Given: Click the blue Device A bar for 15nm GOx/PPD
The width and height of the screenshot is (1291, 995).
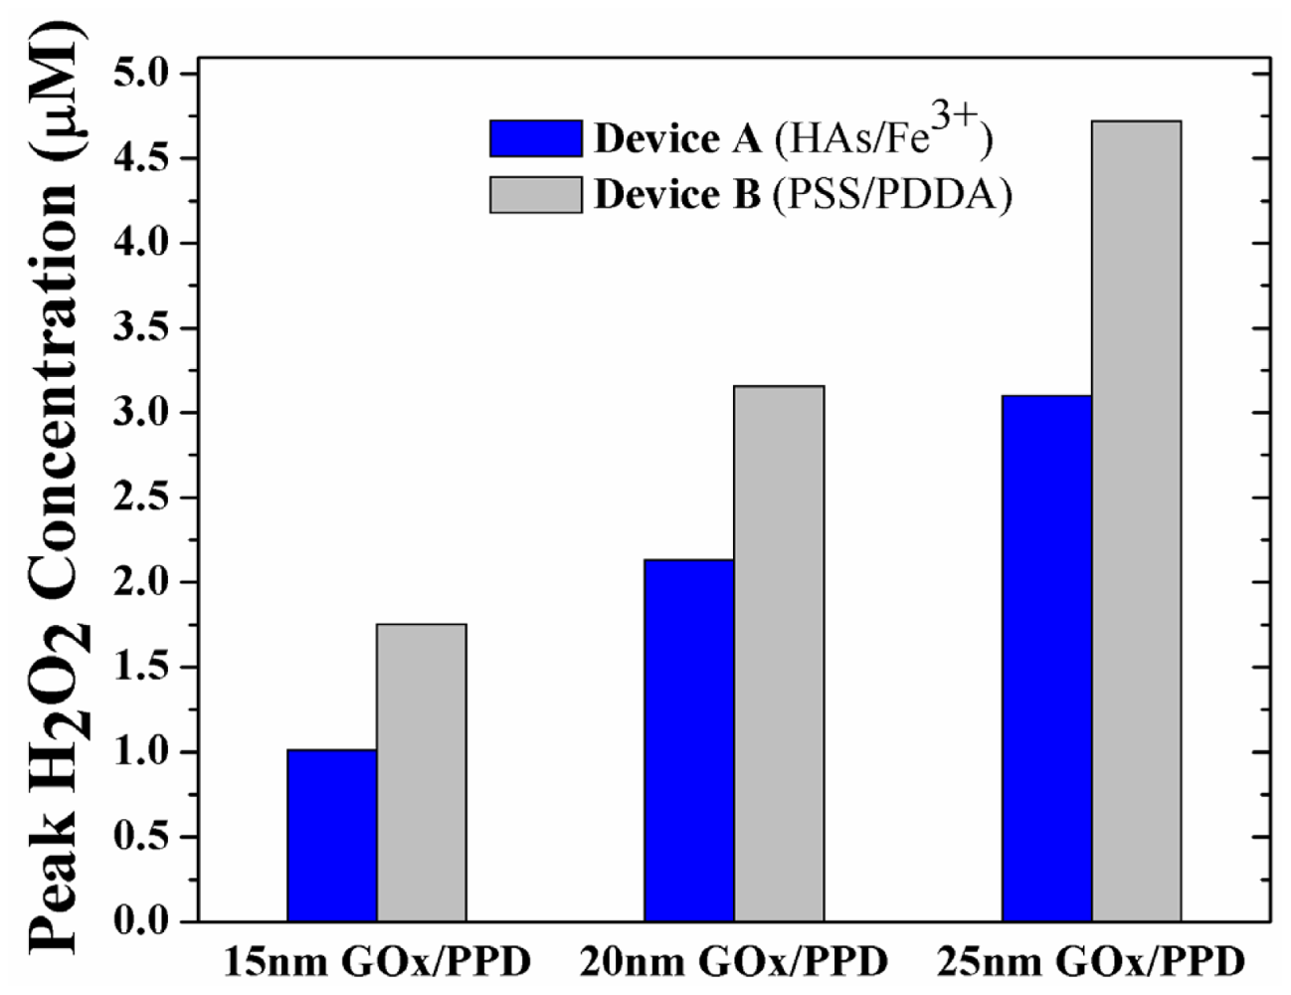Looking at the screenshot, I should coord(331,835).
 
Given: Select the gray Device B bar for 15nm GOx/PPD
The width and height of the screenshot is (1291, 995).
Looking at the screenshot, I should coord(421,772).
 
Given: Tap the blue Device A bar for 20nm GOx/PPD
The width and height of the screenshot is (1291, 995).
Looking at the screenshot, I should coord(688,740).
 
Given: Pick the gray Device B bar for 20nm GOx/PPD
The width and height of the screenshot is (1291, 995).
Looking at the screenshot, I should coord(779,653).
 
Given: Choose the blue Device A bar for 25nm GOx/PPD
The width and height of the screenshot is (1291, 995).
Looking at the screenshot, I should coord(1046,658).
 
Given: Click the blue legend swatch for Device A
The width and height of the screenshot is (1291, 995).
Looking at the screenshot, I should coord(535,138).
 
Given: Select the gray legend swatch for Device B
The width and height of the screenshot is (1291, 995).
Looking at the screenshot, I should coord(535,195).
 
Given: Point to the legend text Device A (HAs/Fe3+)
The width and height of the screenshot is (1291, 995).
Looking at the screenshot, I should coord(793,137).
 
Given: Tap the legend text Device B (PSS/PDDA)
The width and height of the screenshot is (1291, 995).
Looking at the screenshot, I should coord(803,195).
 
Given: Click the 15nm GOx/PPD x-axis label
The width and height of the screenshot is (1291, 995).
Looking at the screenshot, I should coord(376,962).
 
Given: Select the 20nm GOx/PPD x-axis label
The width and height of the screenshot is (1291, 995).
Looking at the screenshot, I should coord(733,962).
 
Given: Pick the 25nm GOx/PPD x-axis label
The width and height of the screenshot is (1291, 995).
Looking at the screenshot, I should coord(1091,962).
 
